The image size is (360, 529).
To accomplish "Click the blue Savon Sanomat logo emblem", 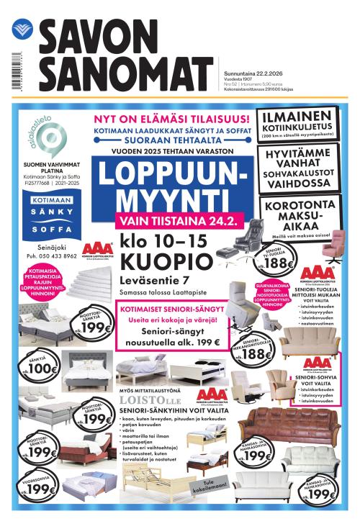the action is [x=23, y=30].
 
